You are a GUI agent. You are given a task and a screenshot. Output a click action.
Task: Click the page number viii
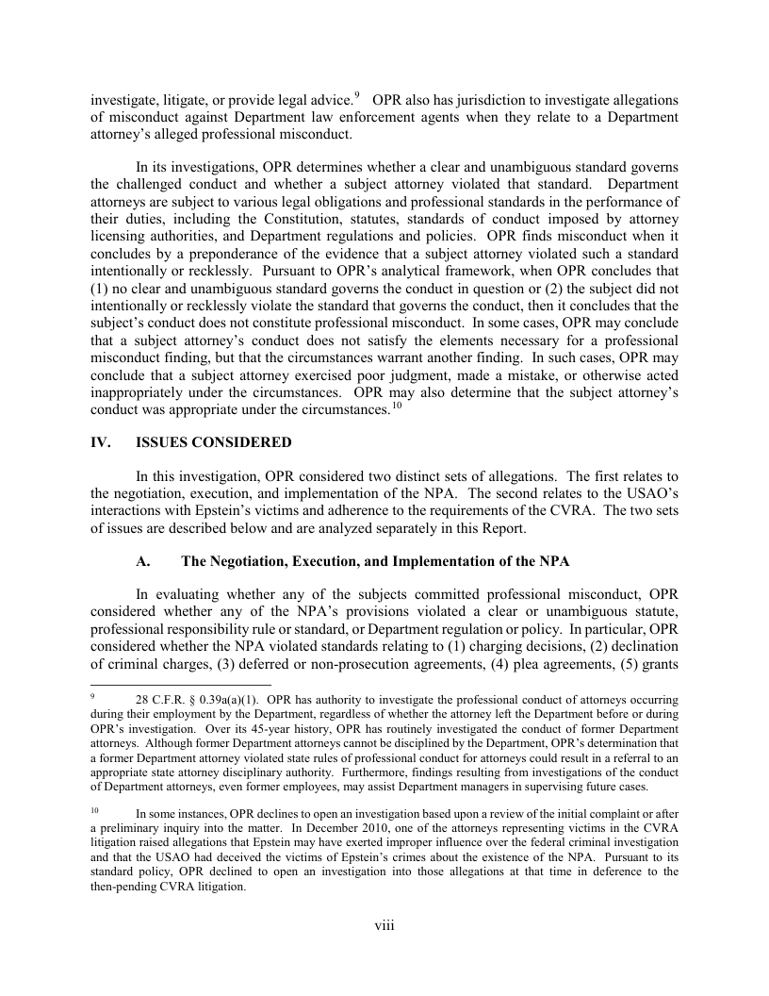coord(384,925)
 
